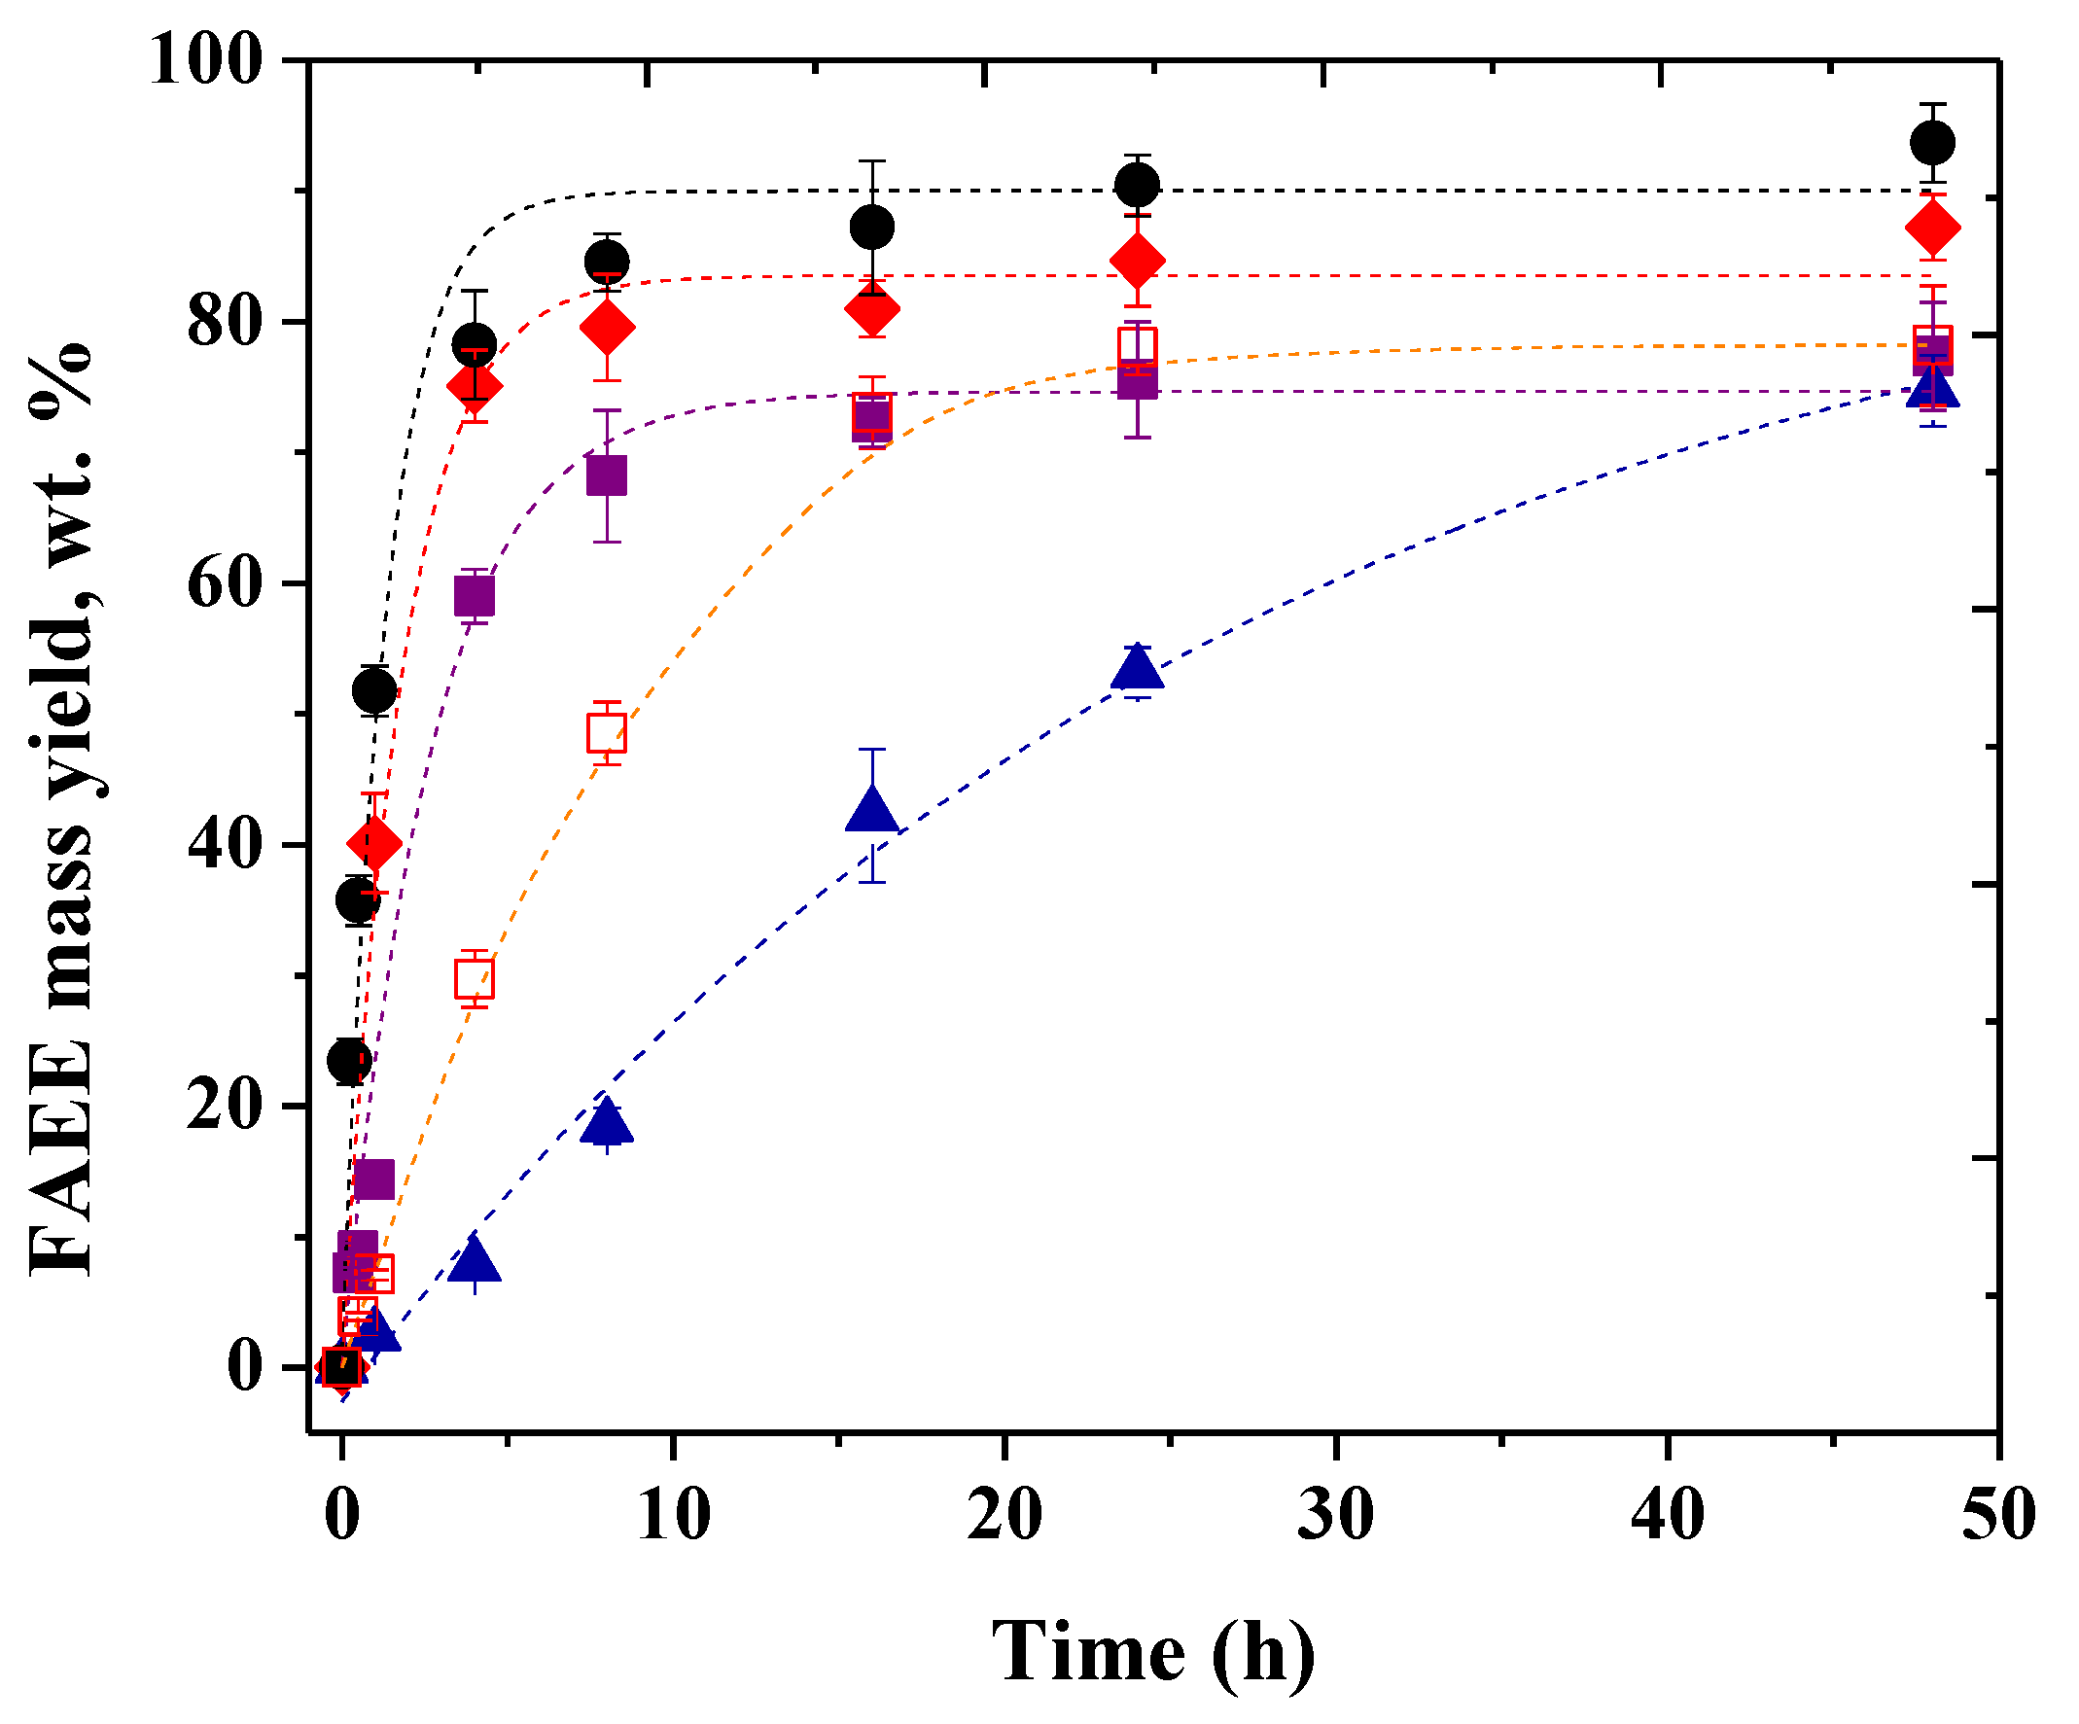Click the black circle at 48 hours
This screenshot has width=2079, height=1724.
(x=1931, y=143)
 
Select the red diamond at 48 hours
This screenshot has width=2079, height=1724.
(x=1931, y=228)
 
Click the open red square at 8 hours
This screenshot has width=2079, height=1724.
(x=607, y=733)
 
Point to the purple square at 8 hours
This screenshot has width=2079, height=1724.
(x=607, y=475)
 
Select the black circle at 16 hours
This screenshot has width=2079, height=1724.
(x=872, y=228)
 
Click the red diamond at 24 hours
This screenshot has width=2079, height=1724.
(x=1138, y=262)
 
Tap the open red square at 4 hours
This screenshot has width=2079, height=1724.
(x=475, y=978)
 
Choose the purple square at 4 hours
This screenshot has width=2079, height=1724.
(x=475, y=596)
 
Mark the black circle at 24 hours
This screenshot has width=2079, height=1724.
(x=1138, y=185)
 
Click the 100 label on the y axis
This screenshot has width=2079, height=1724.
(x=207, y=61)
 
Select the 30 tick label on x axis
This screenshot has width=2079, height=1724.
(x=1335, y=1514)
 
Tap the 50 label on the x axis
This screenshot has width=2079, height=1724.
(x=1999, y=1514)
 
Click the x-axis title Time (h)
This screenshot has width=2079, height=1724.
(x=1154, y=1652)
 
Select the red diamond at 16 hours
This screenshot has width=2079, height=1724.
(x=872, y=309)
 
